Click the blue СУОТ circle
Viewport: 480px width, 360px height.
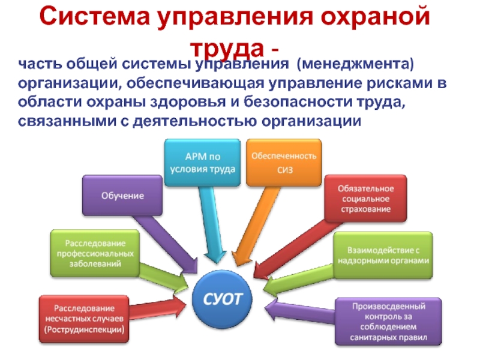(x=230, y=298)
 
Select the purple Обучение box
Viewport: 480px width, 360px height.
(x=122, y=196)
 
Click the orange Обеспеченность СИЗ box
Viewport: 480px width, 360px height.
(x=283, y=162)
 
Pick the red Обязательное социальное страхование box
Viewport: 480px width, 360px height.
(x=365, y=198)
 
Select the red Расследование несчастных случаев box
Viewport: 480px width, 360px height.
(x=84, y=319)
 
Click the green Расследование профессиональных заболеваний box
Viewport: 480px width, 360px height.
(x=96, y=253)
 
